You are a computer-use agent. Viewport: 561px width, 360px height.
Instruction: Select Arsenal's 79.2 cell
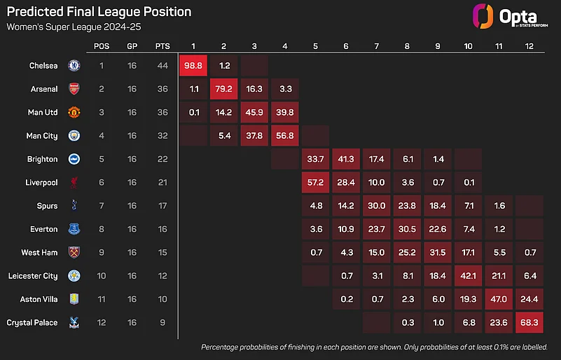tap(223, 89)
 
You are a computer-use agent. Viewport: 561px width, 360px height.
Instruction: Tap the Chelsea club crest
tap(74, 66)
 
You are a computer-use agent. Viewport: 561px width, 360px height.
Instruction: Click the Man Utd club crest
tap(74, 112)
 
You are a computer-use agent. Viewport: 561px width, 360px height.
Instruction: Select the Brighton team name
tap(43, 159)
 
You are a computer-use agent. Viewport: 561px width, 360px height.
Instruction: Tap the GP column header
tap(132, 46)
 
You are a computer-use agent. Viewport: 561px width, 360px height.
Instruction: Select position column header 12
tap(527, 46)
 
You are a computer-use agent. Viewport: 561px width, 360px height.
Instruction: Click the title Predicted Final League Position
tap(98, 12)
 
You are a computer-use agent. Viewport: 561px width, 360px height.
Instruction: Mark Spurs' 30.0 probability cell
tap(377, 206)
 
